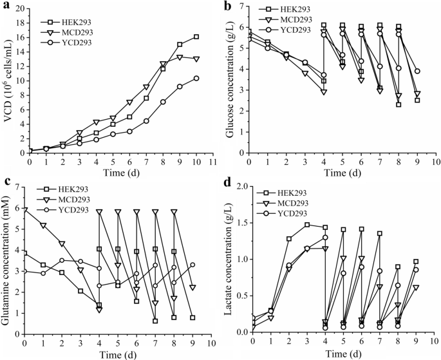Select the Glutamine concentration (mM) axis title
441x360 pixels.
(8, 261)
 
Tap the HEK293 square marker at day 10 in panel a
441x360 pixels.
(196, 37)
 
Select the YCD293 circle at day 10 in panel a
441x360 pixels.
(196, 78)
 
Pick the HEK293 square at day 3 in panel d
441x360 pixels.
(307, 225)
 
